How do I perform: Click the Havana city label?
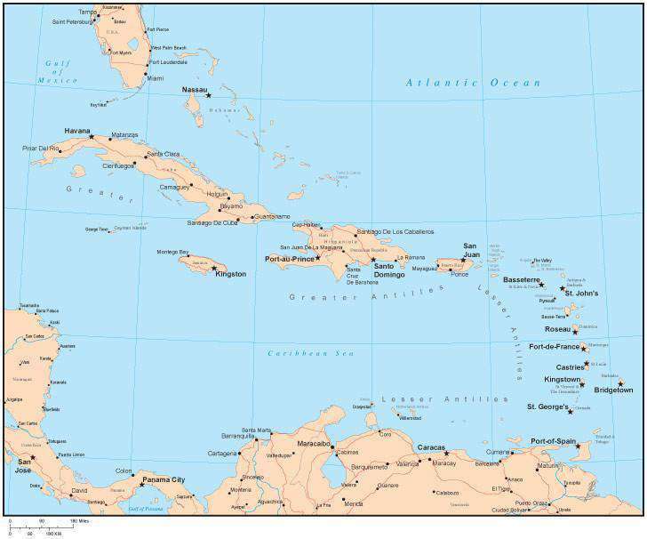[x=77, y=130]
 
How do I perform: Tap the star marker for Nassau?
[x=209, y=95]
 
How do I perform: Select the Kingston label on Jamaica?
[x=230, y=274]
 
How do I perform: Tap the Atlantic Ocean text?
[x=473, y=83]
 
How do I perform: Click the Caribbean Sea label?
[x=299, y=353]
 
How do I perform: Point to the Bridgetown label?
[x=613, y=390]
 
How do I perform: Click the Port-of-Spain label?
[x=555, y=440]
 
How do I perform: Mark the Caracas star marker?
[x=447, y=453]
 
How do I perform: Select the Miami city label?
[x=156, y=78]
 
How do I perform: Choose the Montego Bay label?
[x=172, y=252]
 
